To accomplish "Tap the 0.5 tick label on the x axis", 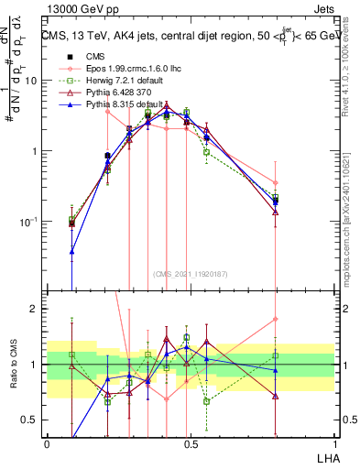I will [191, 442].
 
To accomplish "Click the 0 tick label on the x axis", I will [47, 442].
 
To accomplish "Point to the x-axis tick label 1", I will [334, 442].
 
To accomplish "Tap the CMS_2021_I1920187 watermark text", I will [190, 273].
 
